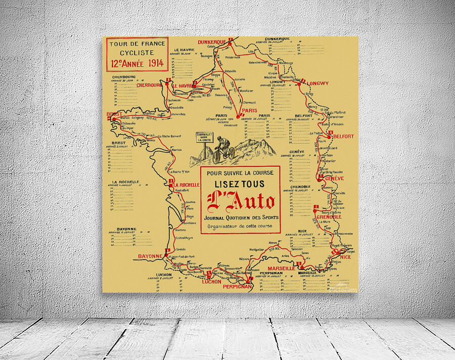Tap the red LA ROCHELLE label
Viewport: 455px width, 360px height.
tap(187, 185)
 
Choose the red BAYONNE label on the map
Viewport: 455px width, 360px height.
tap(150, 256)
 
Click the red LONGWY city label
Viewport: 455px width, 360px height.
tap(317, 83)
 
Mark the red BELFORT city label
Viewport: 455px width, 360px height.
tap(343, 137)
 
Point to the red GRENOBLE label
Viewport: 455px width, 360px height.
tap(329, 216)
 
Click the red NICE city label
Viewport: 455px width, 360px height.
tap(345, 257)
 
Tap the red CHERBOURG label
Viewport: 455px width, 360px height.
tap(149, 85)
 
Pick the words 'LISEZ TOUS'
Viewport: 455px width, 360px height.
tap(240, 185)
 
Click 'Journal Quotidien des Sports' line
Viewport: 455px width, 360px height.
tap(240, 217)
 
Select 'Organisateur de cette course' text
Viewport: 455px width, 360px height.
tap(240, 226)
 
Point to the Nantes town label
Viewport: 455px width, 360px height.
tap(176, 150)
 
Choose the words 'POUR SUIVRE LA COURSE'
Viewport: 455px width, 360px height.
tap(240, 173)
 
